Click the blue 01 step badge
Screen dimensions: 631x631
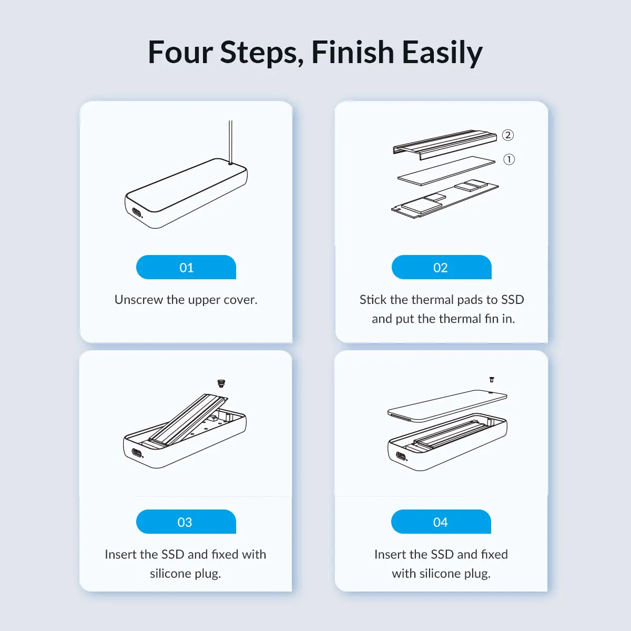186,267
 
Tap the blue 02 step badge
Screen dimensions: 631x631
441,267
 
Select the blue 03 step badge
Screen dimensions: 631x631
186,522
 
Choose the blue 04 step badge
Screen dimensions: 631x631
441,522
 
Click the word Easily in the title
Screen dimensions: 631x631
442,53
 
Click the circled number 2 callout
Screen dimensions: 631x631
508,135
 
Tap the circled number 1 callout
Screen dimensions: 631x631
509,159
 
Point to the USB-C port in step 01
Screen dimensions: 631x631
137,213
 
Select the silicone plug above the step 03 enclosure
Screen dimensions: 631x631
221,383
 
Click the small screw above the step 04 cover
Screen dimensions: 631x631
492,380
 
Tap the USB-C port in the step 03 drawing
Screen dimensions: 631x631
137,454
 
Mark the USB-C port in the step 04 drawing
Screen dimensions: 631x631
401,456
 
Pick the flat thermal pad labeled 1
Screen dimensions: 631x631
446,170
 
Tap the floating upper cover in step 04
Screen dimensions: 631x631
447,406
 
